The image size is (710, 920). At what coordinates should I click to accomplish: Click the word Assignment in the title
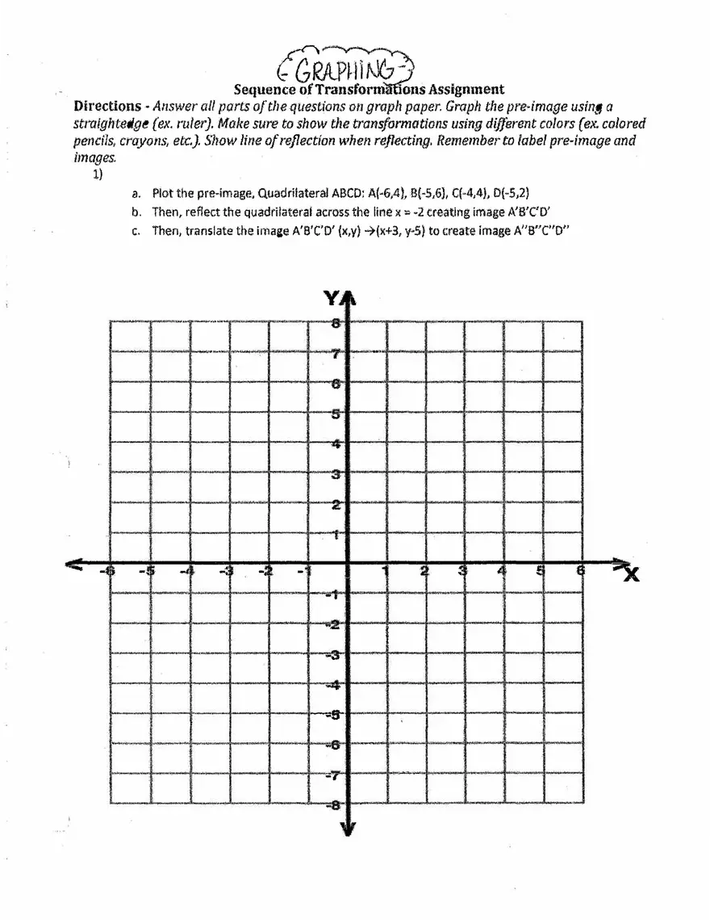click(467, 90)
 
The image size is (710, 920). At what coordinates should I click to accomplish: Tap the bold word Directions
click(106, 107)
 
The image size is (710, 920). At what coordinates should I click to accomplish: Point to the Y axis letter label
click(332, 299)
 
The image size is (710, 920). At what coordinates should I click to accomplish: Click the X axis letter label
click(630, 574)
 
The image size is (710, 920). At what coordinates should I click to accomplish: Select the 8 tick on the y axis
click(336, 322)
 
